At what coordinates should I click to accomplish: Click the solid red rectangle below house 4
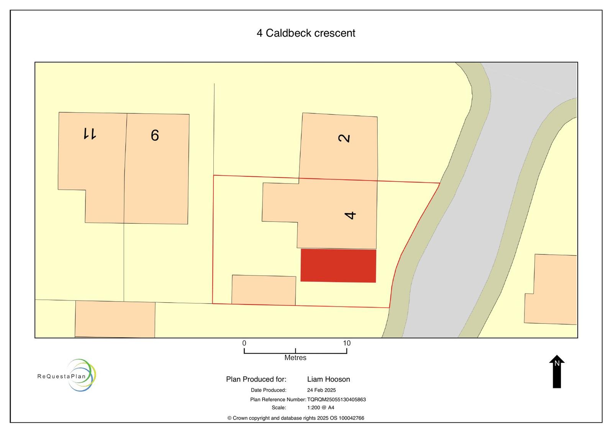[338, 266]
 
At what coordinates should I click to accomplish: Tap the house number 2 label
[344, 138]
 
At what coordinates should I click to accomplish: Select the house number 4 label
[350, 215]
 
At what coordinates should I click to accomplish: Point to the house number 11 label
[90, 133]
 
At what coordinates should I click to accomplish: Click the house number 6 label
[155, 135]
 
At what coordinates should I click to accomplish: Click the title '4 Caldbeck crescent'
[306, 33]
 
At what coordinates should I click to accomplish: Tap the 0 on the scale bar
[244, 343]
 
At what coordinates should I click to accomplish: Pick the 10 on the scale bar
[347, 343]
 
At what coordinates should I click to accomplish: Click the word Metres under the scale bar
[295, 358]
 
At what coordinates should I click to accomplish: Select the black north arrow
[557, 371]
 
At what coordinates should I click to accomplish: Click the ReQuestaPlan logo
[67, 375]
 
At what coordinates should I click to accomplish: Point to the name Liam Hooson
[328, 379]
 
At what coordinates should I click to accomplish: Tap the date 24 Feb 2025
[321, 390]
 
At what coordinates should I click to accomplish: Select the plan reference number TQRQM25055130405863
[336, 399]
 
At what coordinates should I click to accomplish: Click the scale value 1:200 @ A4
[320, 408]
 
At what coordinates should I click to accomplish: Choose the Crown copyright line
[295, 418]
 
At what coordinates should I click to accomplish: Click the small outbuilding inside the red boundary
[264, 290]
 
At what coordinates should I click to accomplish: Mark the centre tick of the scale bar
[295, 351]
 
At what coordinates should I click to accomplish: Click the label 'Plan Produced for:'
[256, 379]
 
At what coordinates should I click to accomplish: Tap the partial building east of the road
[551, 289]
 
